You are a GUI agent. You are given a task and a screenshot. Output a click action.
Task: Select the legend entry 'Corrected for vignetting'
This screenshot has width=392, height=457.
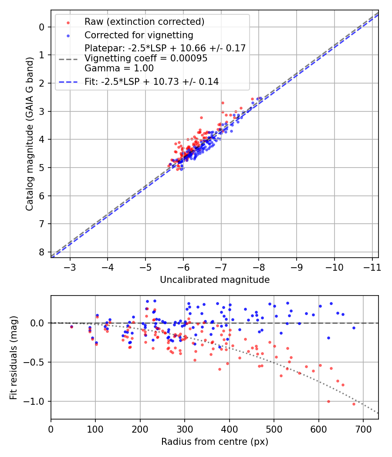(139, 35)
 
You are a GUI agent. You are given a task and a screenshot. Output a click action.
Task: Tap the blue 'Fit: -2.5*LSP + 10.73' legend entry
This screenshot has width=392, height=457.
(152, 81)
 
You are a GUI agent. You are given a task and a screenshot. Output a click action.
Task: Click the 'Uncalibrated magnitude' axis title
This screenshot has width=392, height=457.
(215, 280)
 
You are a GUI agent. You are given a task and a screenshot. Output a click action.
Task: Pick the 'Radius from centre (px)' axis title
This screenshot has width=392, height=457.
(215, 442)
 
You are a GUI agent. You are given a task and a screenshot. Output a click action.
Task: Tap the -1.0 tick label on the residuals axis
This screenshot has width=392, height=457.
(37, 401)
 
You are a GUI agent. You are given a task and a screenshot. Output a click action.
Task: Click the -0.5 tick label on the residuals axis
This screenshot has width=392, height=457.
(37, 362)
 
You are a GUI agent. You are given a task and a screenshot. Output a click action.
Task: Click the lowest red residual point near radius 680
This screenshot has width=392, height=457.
(354, 404)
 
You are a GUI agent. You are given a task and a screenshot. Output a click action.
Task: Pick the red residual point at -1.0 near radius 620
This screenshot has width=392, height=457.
(328, 401)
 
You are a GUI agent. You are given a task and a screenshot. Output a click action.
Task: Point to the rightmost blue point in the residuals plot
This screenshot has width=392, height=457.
(354, 328)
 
